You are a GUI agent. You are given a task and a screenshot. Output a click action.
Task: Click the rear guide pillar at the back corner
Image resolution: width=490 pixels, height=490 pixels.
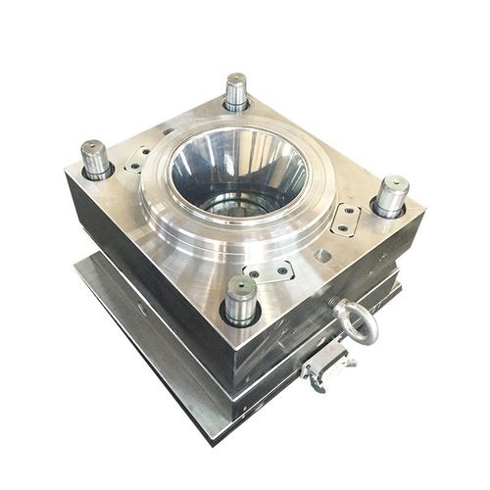click(235, 93)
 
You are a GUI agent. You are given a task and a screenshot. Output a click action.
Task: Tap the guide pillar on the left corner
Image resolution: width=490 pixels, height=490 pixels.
click(96, 160)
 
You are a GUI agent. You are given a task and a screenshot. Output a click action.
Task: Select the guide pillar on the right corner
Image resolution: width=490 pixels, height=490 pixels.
click(390, 196)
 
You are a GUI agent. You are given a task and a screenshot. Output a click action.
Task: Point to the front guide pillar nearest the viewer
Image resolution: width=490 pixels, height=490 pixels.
click(240, 299)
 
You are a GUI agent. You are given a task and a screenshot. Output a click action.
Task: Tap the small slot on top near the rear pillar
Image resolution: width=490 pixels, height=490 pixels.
click(168, 130)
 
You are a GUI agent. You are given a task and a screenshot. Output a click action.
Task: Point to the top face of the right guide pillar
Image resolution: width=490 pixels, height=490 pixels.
click(392, 183)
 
